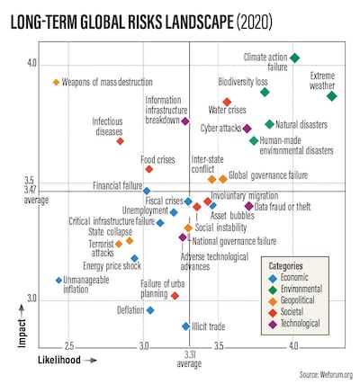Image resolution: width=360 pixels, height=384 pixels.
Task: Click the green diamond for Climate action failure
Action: (x=294, y=58)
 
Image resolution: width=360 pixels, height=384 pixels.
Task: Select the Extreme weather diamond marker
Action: (x=332, y=96)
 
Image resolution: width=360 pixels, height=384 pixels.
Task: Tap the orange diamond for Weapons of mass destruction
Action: (x=56, y=83)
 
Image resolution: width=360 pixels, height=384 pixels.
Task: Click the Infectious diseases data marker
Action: (x=120, y=141)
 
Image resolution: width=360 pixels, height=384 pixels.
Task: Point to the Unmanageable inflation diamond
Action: (x=58, y=281)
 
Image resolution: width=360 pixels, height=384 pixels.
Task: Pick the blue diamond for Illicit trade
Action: (x=186, y=326)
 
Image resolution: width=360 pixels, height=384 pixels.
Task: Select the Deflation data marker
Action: (x=150, y=310)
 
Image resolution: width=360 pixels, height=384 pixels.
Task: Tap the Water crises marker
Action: (x=227, y=102)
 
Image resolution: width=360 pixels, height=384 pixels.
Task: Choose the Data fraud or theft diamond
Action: (x=249, y=207)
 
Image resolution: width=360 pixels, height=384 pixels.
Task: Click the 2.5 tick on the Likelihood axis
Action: (x=69, y=346)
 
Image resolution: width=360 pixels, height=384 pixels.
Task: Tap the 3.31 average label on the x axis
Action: (x=189, y=359)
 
